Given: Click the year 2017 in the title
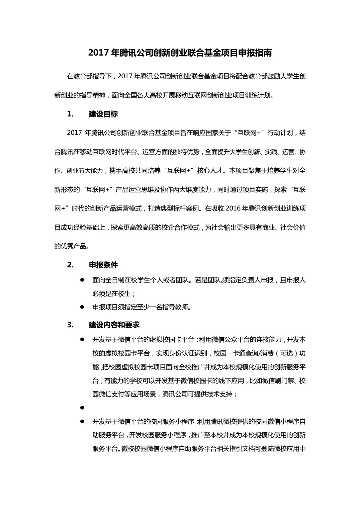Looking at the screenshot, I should tap(98, 53).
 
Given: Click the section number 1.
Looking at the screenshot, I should tap(70, 114).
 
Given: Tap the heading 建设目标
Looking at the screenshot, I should tap(103, 114).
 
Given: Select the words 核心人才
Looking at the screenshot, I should tap(210, 171).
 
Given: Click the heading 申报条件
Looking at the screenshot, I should tap(103, 265).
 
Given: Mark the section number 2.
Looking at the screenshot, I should tap(70, 265).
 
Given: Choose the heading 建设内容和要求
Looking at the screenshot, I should tap(114, 325).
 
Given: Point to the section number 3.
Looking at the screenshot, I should tap(70, 325).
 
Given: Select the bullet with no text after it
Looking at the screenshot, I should tap(82, 408).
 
